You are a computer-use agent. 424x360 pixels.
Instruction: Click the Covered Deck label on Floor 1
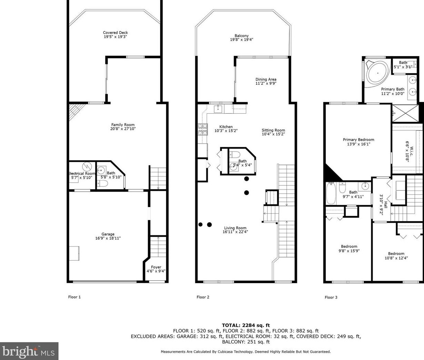[x=115, y=33]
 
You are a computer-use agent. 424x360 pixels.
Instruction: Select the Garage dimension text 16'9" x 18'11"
[x=108, y=238]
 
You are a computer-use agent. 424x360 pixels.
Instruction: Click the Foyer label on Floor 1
[x=156, y=267]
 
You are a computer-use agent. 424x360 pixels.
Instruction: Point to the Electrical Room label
[x=82, y=174]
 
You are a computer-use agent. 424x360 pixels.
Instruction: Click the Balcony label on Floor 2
[x=241, y=36]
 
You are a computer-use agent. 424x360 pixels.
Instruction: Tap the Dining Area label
[x=266, y=80]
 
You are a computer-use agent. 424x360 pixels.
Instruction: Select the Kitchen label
[x=226, y=127]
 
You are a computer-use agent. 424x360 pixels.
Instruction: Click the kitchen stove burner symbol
[x=202, y=128]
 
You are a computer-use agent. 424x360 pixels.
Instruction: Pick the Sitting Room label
[x=273, y=130]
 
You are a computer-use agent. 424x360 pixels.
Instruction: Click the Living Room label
[x=235, y=228]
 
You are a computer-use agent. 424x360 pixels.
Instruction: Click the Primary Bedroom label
[x=358, y=140]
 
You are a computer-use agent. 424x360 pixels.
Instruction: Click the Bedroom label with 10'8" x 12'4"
[x=396, y=254]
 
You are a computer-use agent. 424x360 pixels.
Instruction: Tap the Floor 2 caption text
[x=203, y=297]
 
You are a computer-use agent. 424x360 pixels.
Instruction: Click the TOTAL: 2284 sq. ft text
[x=246, y=325]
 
